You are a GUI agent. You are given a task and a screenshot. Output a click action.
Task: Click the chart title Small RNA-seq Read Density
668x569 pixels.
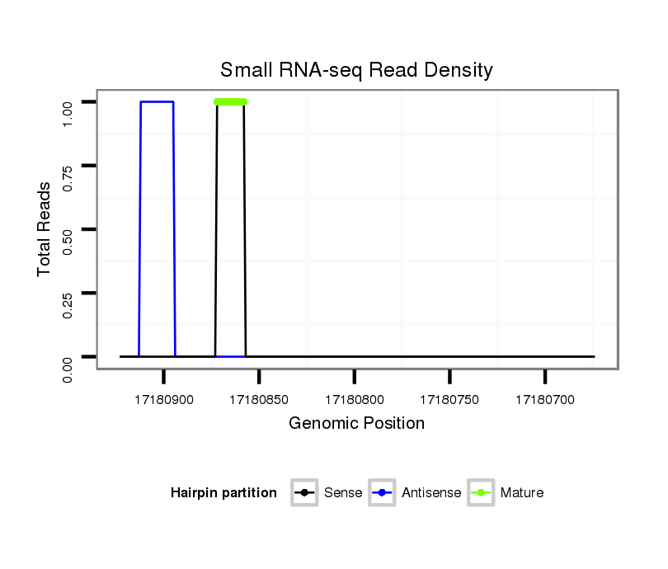tap(356, 70)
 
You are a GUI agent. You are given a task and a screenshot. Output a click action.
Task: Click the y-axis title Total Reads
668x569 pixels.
tap(45, 229)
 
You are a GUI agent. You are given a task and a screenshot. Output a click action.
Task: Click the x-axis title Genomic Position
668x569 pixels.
tap(356, 424)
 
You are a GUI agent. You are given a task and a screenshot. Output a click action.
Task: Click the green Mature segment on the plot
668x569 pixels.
tap(230, 102)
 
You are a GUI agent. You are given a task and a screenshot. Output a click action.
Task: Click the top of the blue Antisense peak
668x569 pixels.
tap(157, 102)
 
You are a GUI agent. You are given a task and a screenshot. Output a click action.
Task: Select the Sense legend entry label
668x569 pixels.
tap(343, 493)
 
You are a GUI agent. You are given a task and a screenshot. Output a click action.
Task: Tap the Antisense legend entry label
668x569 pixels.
tap(431, 493)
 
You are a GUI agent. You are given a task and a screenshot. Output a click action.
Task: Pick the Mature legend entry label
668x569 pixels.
tap(522, 493)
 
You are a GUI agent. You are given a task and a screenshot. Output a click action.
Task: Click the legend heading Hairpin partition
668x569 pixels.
tap(223, 493)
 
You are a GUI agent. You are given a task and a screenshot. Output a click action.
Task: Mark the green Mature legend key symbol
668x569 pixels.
tap(481, 493)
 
